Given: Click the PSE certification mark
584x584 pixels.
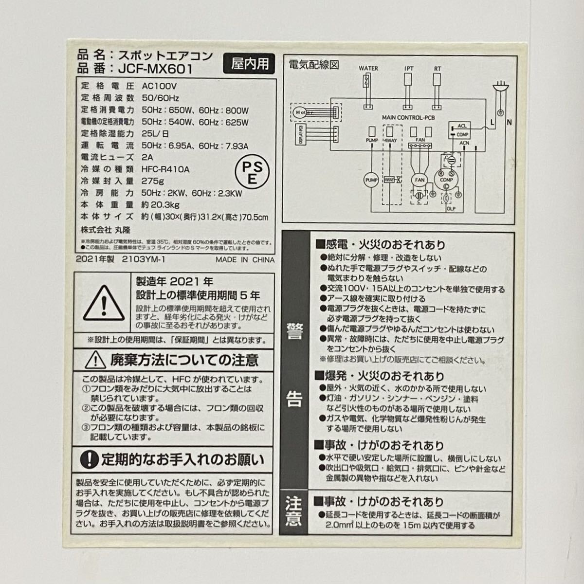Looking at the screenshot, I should [x=252, y=171].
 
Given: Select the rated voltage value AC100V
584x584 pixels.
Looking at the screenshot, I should [x=160, y=86].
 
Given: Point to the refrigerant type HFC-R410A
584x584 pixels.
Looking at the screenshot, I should [x=165, y=169].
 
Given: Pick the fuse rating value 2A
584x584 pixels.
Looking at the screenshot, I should [x=147, y=157].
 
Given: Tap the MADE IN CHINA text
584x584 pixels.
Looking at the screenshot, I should [x=245, y=260].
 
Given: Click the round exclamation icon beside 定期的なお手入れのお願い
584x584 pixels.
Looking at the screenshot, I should [x=89, y=458].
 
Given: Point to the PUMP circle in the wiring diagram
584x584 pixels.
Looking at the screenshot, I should [x=371, y=180].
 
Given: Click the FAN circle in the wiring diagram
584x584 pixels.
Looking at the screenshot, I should [x=420, y=180].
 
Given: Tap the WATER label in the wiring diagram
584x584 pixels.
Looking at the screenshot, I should [x=368, y=69].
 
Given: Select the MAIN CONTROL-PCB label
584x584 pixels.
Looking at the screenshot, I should [x=408, y=118].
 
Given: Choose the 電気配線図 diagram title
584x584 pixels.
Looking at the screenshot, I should [x=314, y=64].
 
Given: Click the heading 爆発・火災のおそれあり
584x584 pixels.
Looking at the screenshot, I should [x=380, y=376].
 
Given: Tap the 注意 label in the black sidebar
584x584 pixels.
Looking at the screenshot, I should [x=294, y=511].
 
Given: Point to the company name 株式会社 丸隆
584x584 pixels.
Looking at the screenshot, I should [x=106, y=229].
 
